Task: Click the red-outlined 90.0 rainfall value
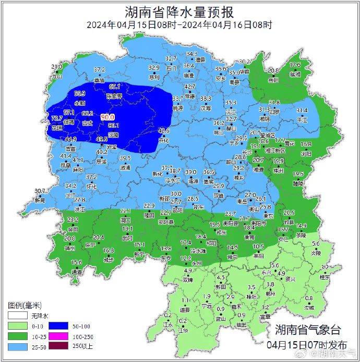(107, 117)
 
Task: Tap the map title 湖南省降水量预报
(179, 11)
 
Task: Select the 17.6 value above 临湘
(295, 65)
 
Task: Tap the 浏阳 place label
(306, 154)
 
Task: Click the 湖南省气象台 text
(307, 330)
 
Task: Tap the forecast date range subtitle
(179, 25)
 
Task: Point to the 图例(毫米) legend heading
(25, 305)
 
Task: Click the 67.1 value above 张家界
(115, 87)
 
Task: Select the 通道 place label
(77, 272)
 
